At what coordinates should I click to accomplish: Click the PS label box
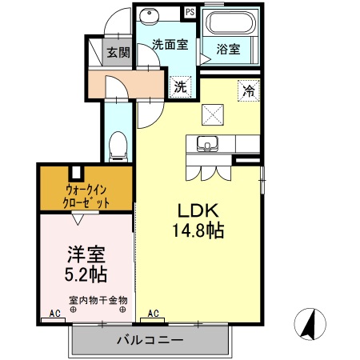190,12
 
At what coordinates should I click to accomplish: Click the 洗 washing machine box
181,86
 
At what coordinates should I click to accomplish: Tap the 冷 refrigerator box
249,91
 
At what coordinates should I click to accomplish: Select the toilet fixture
118,144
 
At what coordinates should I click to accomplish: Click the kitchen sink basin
208,145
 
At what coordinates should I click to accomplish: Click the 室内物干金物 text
98,301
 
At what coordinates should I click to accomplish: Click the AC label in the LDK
153,314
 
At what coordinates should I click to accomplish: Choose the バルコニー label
150,340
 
